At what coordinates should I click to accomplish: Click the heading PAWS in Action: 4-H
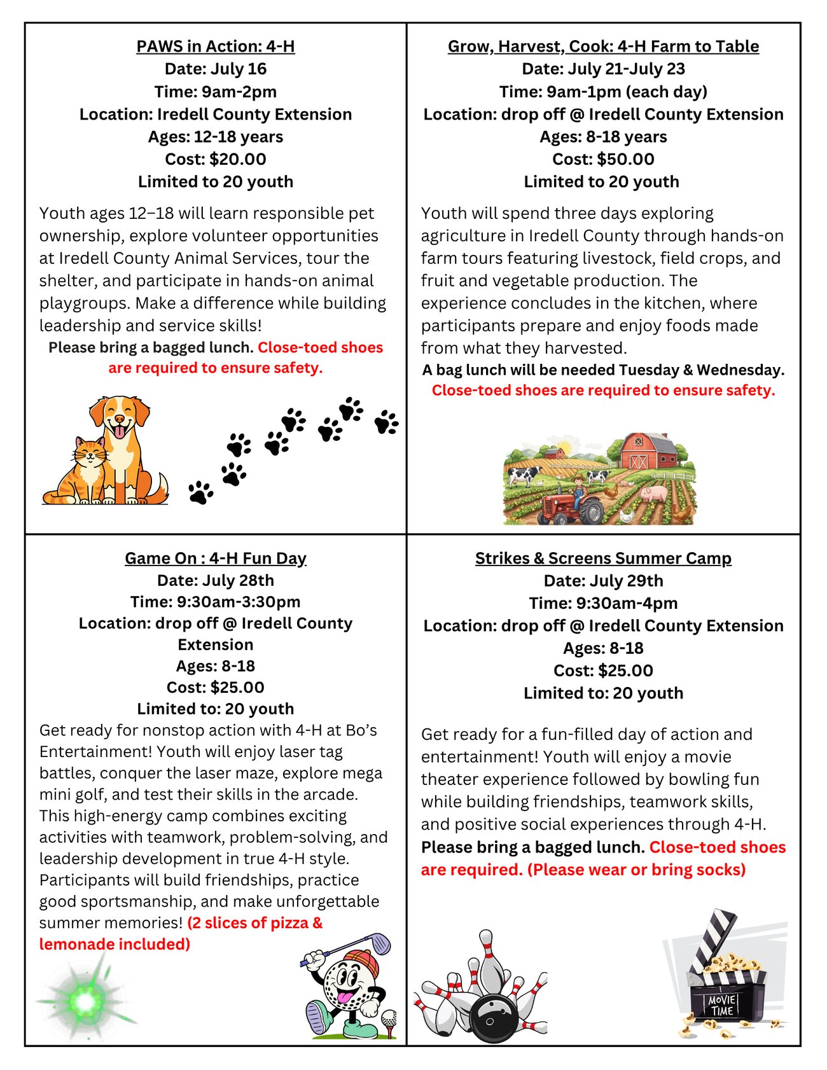click(x=215, y=46)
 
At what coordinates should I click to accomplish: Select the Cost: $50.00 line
click(x=603, y=159)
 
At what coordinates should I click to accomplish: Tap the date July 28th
click(x=215, y=580)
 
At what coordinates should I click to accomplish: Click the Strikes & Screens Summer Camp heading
click(x=603, y=558)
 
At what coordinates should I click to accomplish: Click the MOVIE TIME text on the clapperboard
click(x=722, y=1006)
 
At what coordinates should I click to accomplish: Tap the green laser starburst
click(x=85, y=1002)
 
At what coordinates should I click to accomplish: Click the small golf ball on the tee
click(x=389, y=1018)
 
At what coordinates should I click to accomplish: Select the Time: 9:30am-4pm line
click(x=603, y=603)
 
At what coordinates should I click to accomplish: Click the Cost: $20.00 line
click(x=215, y=159)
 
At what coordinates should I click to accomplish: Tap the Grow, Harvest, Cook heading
click(x=603, y=46)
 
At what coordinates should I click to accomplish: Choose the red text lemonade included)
click(x=115, y=944)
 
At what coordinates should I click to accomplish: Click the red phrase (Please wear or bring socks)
click(x=636, y=870)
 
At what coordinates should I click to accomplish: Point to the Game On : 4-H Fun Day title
click(x=215, y=558)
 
